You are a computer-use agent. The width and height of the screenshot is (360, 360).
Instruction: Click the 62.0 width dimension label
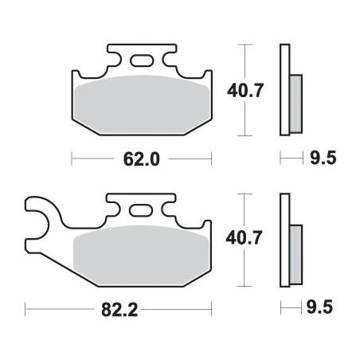[x=142, y=159]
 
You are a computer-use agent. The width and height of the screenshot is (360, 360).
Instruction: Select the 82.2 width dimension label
[x=119, y=310]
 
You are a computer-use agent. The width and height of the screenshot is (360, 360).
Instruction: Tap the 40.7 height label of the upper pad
[x=245, y=90]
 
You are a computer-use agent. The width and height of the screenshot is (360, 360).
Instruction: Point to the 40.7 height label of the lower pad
[x=244, y=237]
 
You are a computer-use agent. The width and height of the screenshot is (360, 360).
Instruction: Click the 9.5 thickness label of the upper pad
[x=323, y=158]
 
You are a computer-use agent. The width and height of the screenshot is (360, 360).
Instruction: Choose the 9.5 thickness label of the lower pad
[x=319, y=307]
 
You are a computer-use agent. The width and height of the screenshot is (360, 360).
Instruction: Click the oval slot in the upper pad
[x=142, y=61]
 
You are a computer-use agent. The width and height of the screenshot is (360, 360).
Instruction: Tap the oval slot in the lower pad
[x=141, y=210]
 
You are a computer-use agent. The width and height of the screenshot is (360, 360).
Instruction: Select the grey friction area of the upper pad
[x=142, y=104]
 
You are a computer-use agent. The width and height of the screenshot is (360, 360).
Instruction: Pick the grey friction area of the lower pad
[x=141, y=255]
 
